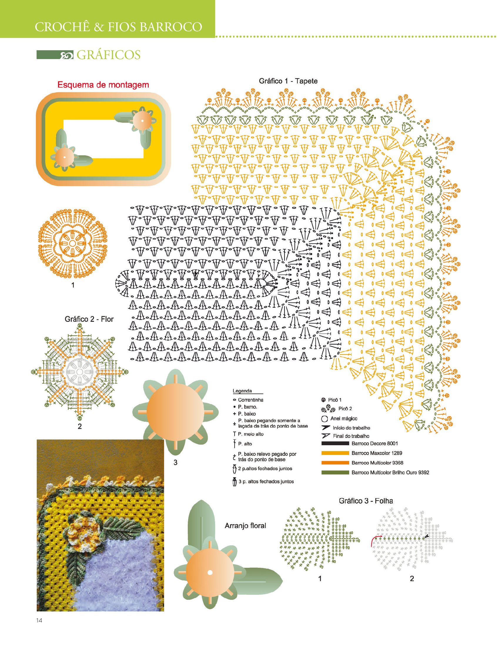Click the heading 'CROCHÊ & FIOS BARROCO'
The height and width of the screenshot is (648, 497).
coord(118,27)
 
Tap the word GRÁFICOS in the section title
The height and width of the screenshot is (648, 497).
coord(108,55)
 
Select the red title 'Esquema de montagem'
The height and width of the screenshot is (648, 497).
coord(103,85)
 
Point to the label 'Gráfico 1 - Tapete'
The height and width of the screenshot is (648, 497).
coord(288,81)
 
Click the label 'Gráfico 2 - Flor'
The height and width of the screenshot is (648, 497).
coord(89,319)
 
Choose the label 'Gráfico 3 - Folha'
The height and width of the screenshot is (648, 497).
coord(366,501)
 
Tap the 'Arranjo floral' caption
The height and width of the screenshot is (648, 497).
coord(245,525)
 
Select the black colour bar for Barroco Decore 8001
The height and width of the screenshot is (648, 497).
coord(335,443)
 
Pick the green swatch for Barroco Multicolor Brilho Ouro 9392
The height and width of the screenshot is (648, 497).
coord(335,473)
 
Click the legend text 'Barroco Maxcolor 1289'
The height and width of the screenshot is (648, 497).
coord(377,453)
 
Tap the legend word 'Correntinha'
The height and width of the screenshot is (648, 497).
coord(251,400)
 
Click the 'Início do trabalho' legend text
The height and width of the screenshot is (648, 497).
coord(352,428)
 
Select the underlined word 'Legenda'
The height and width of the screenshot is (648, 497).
coord(242,391)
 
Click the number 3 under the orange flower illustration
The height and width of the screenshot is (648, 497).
coord(175,462)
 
